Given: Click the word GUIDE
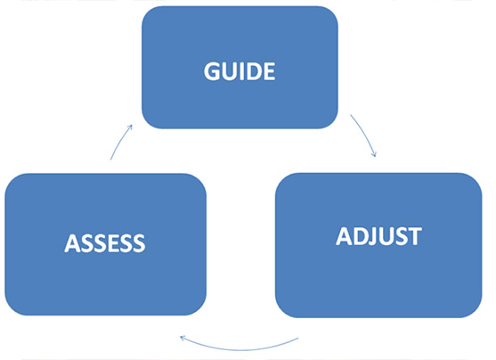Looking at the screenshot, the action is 240,71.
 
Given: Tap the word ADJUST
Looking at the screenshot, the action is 378,236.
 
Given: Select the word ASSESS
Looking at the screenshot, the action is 105,243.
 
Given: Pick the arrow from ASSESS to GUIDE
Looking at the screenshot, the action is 120,142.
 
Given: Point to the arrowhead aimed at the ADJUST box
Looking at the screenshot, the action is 374,153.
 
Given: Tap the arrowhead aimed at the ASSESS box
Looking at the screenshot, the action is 183,339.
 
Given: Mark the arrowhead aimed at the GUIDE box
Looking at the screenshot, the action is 129,127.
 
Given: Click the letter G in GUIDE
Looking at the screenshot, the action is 212,71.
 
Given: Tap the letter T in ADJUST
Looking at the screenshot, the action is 415,236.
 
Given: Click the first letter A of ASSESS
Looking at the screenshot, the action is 72,243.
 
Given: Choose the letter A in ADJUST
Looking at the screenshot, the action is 344,236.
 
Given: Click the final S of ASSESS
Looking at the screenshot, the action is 139,243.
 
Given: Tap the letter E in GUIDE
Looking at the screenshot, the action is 270,71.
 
